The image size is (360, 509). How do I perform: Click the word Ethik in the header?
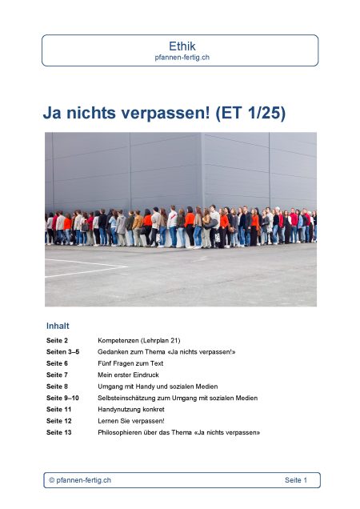[180, 46]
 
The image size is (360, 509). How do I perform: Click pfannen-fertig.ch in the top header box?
[180, 58]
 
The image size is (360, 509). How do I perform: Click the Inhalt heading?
[58, 326]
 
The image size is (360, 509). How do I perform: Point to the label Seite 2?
[57, 340]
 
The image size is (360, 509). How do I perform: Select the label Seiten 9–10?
[63, 398]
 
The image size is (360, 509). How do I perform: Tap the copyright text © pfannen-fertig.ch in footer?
[80, 479]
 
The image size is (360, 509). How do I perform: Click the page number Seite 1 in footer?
[295, 479]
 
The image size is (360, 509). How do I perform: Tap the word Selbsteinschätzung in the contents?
[130, 398]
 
